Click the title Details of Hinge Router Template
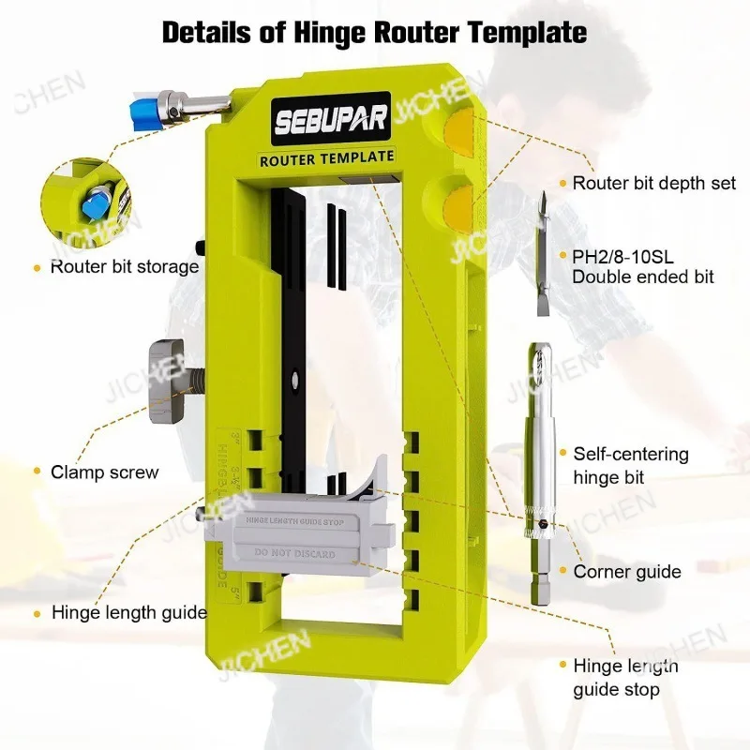tap(375, 32)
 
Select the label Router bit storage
tap(124, 266)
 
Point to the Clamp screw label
tap(105, 472)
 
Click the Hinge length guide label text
tap(129, 613)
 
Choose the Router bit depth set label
tap(654, 183)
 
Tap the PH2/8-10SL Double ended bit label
tap(642, 265)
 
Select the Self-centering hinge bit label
tap(630, 466)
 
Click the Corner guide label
tap(626, 571)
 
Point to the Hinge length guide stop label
tap(625, 678)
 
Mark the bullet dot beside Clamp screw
tap(36, 472)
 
